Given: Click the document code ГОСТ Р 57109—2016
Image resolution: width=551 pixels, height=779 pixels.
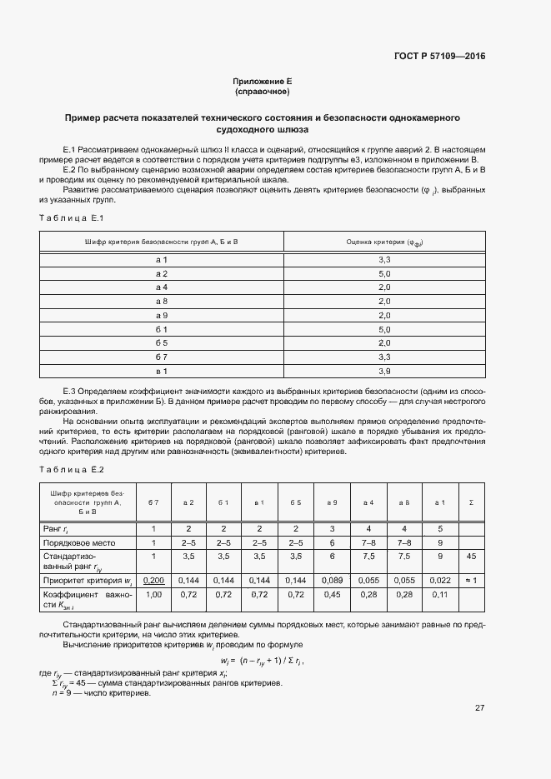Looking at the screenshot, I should click(x=438, y=57).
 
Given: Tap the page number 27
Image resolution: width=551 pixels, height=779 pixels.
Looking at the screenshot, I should click(x=479, y=707).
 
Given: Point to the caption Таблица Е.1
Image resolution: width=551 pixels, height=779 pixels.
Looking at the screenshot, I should click(x=70, y=217).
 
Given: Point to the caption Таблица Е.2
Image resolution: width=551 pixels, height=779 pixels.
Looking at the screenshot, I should click(x=71, y=471).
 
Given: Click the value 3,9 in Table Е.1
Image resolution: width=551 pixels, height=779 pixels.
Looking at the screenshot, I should click(x=384, y=370).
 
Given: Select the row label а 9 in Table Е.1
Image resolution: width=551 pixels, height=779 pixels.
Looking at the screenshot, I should click(x=162, y=315).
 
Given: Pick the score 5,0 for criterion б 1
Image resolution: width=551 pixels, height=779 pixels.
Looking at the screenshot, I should click(x=384, y=329).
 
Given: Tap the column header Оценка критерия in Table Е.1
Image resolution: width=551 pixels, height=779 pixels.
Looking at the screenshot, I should click(x=384, y=242).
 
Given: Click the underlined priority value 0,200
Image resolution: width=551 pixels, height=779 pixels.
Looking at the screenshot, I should click(x=153, y=579).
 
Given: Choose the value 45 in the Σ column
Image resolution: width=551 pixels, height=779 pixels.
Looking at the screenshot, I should click(x=472, y=556).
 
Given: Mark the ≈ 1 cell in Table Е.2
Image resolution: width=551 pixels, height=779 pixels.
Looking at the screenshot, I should click(x=472, y=579).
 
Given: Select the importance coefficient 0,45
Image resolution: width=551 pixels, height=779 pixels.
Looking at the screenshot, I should click(x=332, y=596).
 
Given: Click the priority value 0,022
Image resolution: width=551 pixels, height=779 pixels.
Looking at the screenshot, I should click(x=439, y=579).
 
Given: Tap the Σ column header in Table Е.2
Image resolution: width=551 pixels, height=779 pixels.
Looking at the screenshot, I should click(x=472, y=502).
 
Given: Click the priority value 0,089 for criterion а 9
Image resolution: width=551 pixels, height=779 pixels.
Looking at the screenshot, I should click(x=332, y=579).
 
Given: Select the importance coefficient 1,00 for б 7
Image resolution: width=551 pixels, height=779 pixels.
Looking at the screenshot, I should click(x=153, y=596).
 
